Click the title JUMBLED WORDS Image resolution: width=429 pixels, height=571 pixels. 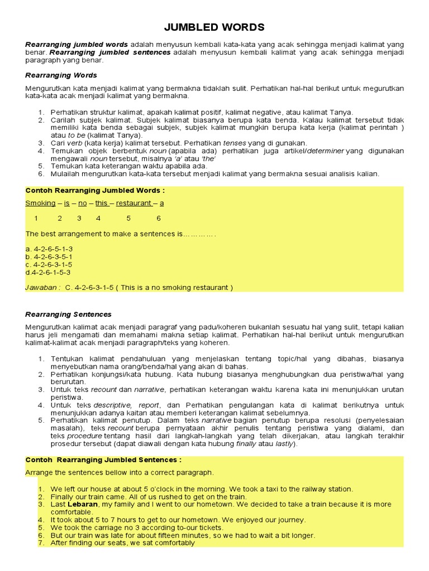(214, 27)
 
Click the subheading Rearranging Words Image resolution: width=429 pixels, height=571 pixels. (61, 75)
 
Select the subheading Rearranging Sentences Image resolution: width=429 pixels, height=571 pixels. (68, 314)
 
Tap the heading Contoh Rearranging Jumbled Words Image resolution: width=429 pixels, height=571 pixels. (94, 190)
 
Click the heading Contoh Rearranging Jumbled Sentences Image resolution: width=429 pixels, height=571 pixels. (103, 459)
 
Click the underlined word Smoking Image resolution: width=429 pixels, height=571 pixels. (40, 203)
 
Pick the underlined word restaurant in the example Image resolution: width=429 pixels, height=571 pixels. (134, 203)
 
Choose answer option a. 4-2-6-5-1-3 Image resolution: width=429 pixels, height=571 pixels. (49, 248)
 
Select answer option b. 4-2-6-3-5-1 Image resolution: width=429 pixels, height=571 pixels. (49, 256)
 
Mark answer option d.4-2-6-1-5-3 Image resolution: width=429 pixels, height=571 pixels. (48, 272)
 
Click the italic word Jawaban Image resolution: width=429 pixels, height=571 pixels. (41, 287)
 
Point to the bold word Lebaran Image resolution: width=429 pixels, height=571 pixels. (83, 504)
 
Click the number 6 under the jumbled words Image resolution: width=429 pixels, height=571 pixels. (159, 218)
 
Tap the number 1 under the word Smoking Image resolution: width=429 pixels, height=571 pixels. (36, 218)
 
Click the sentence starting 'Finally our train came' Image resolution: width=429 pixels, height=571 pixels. (149, 496)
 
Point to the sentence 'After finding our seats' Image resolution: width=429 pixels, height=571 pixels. (122, 543)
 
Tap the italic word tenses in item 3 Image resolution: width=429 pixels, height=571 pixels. (235, 143)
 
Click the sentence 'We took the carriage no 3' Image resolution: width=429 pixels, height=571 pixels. (137, 527)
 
